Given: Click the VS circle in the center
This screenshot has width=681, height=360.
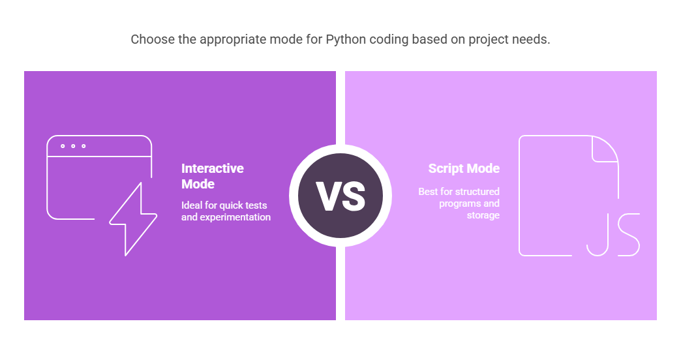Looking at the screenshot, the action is [340, 196].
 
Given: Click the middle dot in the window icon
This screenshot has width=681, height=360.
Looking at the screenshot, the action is [73, 146].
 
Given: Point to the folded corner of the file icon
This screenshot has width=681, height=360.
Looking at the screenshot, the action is [605, 149].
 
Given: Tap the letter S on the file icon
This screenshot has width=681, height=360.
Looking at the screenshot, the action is [629, 235].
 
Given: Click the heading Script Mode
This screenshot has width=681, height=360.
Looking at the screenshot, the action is [464, 168].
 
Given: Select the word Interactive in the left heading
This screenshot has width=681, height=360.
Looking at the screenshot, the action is [213, 168].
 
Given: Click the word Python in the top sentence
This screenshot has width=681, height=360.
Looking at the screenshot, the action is [346, 40].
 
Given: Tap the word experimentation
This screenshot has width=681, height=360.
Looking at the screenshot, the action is [235, 217].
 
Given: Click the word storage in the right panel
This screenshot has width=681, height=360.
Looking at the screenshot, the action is [483, 215].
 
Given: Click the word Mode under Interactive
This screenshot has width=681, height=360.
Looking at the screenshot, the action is [198, 184].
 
